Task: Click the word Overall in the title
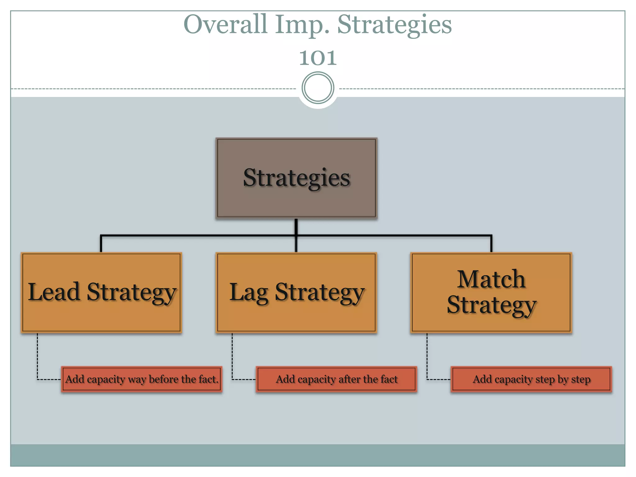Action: (x=225, y=25)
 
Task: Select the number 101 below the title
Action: (x=318, y=58)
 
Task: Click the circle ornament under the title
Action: (x=318, y=88)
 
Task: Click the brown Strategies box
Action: (x=296, y=199)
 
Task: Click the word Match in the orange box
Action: (x=491, y=279)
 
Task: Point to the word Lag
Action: (x=248, y=293)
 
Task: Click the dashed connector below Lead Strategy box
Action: (x=38, y=357)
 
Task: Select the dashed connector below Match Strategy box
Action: (x=427, y=357)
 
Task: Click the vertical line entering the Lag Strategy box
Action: (x=296, y=245)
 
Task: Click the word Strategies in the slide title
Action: (x=394, y=25)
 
